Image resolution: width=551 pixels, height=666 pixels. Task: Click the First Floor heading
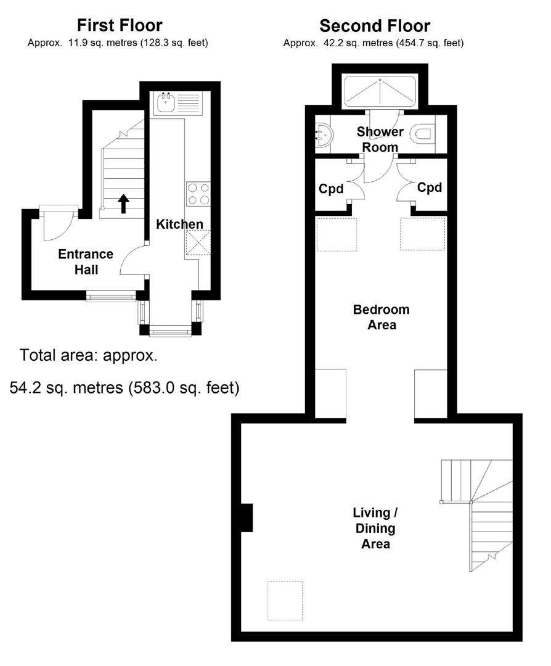tap(119, 25)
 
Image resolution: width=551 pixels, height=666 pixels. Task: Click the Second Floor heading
tap(374, 26)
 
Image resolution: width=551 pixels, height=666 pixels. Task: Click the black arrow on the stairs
tap(123, 203)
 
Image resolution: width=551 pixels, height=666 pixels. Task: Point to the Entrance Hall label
tap(85, 261)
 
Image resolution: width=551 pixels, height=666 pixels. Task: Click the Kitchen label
tap(179, 224)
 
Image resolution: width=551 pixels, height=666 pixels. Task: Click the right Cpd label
tap(430, 187)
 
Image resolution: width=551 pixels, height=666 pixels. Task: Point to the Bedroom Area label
tap(381, 317)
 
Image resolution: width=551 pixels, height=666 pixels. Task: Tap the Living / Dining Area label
tap(375, 528)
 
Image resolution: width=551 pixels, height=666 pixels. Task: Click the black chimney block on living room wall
tap(246, 517)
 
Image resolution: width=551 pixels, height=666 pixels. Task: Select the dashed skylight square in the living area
tap(285, 601)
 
